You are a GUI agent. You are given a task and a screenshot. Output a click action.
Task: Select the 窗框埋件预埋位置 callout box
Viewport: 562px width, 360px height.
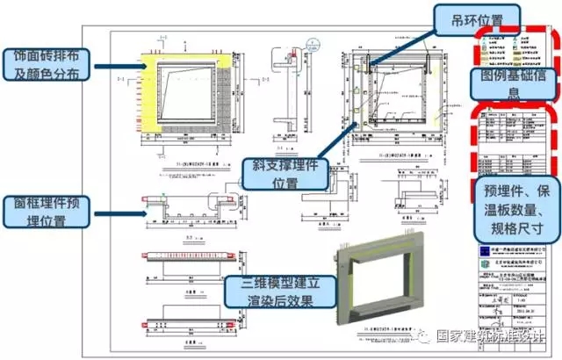click(47, 212)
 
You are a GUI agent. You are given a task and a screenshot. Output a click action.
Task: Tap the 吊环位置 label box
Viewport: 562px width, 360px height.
click(477, 17)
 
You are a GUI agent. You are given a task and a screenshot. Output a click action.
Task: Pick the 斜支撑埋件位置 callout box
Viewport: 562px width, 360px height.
click(283, 173)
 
